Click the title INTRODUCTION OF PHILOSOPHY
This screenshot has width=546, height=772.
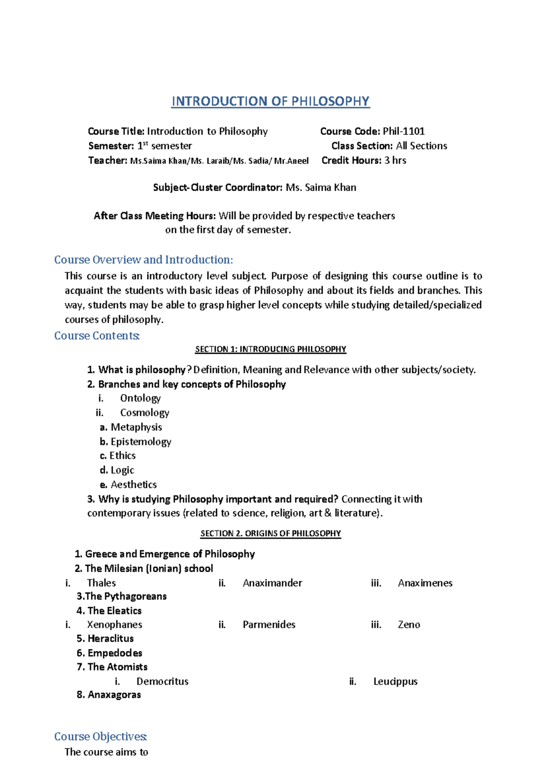(270, 101)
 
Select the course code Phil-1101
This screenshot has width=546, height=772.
(404, 132)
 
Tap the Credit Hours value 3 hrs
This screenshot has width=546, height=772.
(395, 160)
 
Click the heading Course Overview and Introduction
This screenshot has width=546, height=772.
(143, 259)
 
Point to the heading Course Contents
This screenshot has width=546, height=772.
(96, 335)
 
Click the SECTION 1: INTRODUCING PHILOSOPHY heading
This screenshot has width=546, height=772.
(270, 349)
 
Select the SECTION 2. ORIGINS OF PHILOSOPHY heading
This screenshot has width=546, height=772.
(270, 533)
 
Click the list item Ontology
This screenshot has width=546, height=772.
(140, 398)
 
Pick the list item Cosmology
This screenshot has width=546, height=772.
(144, 413)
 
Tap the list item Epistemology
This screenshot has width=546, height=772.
(141, 442)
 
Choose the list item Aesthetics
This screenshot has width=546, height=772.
(133, 485)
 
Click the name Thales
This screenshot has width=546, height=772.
(101, 583)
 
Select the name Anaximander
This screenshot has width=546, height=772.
(272, 583)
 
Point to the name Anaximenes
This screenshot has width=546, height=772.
(425, 583)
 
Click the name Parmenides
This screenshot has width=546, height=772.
(269, 625)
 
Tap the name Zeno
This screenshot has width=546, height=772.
(409, 625)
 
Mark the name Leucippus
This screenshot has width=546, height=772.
(395, 681)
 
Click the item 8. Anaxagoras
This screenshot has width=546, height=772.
(109, 695)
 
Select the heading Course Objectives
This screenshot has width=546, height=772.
(100, 736)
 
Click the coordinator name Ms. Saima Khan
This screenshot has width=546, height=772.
(321, 188)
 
